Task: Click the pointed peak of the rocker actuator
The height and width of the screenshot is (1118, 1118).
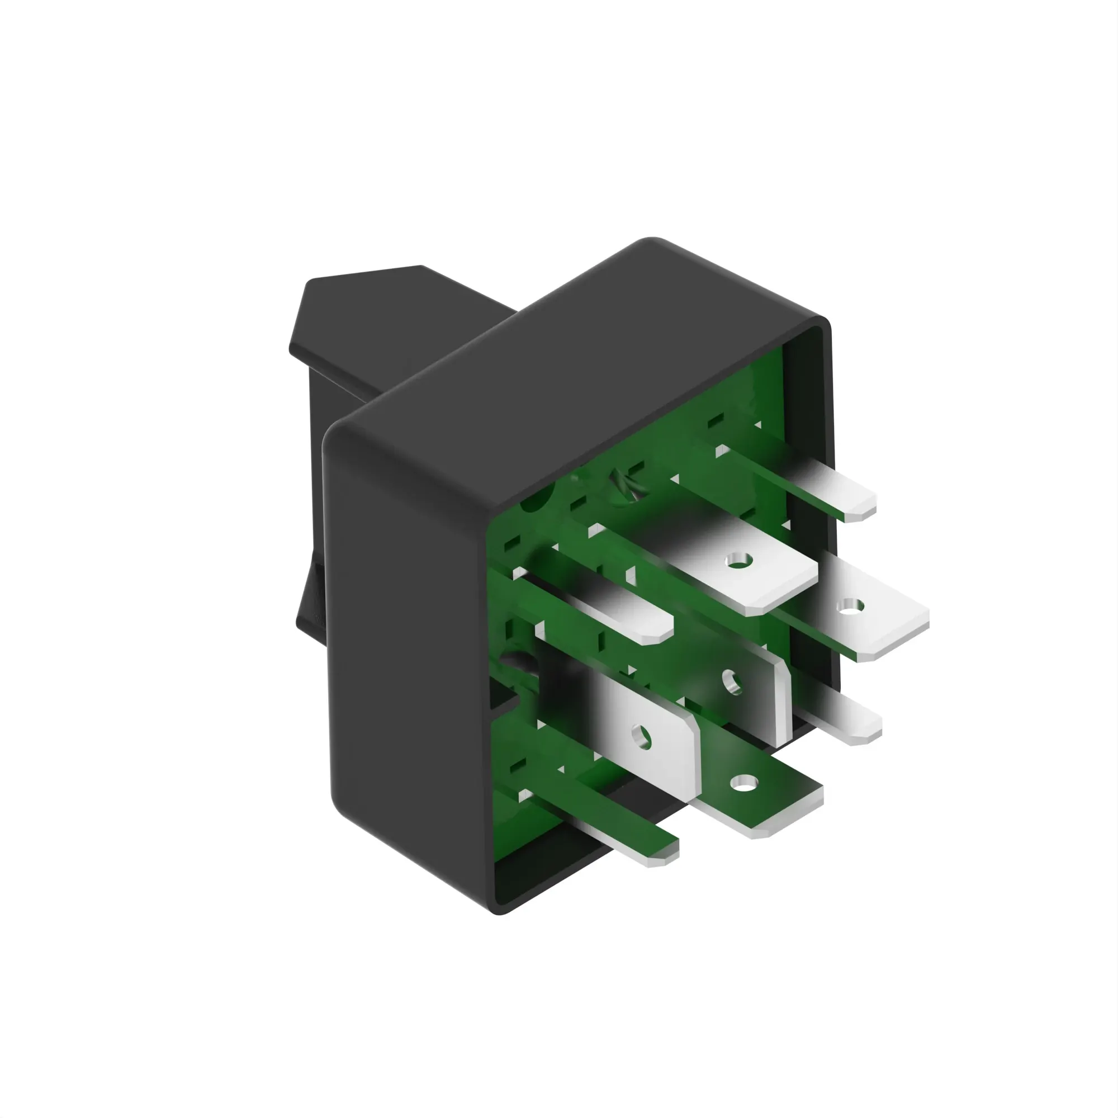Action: click(x=421, y=267)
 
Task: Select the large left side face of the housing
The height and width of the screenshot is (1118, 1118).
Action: click(x=405, y=665)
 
